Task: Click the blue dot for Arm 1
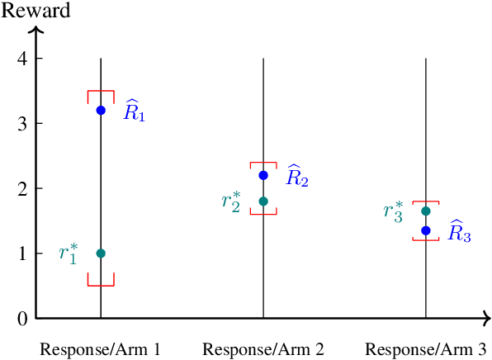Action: pyautogui.click(x=101, y=110)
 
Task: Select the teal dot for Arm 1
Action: pyautogui.click(x=101, y=253)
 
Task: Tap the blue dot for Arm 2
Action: pyautogui.click(x=263, y=175)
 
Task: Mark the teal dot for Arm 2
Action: pyautogui.click(x=263, y=201)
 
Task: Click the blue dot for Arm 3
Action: pyautogui.click(x=426, y=230)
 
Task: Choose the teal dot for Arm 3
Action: pyautogui.click(x=426, y=211)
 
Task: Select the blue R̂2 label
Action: pyautogui.click(x=296, y=176)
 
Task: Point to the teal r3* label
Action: pyautogui.click(x=395, y=211)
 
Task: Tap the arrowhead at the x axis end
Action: pyautogui.click(x=486, y=318)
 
